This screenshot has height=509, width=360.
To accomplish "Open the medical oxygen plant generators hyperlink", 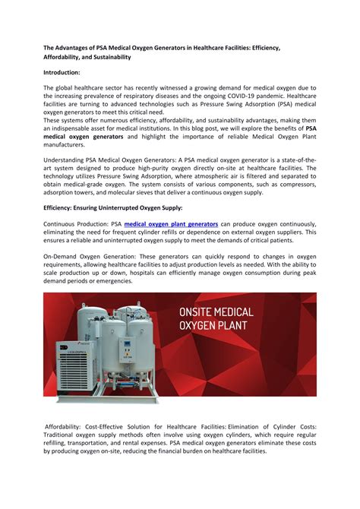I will [x=171, y=224].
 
